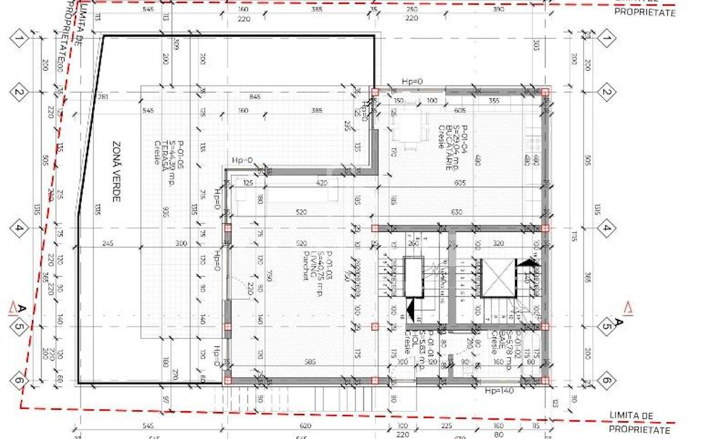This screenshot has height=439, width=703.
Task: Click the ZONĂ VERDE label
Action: coord(116,171)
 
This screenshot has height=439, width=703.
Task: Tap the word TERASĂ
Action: coord(165,153)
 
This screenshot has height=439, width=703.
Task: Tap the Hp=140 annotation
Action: coord(499,391)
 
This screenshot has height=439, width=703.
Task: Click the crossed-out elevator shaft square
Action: coord(498,278)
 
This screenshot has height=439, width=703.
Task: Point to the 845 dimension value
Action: coord(255,97)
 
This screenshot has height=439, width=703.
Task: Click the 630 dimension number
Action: coord(456,212)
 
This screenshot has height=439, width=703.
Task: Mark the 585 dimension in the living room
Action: coord(310,362)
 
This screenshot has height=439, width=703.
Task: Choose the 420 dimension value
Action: coord(321,183)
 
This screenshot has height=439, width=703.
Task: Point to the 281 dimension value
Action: coord(103,97)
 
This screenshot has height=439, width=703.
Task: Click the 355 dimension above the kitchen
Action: coord(494,101)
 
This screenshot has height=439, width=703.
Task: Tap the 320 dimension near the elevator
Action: coord(498,243)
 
